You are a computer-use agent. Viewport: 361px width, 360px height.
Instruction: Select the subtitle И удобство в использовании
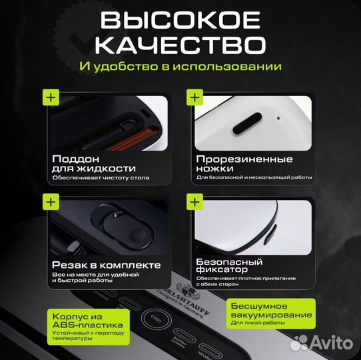[179, 67]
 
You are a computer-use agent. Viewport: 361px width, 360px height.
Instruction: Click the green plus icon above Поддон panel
[51, 97]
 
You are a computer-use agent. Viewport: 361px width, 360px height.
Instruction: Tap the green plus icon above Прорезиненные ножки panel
[194, 97]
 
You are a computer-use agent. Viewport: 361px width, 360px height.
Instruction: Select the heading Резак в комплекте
[106, 265]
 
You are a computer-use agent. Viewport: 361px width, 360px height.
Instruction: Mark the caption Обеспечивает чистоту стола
[101, 178]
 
